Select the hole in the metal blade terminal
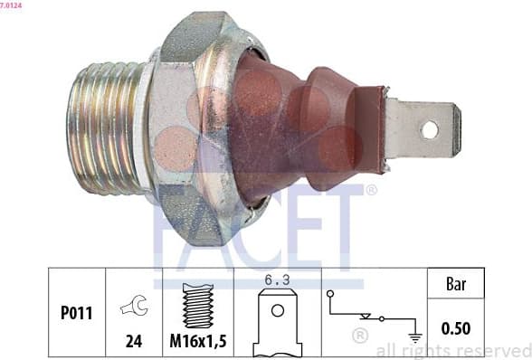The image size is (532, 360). pyautogui.click(x=429, y=129)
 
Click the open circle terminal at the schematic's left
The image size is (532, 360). pyautogui.click(x=331, y=294)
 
